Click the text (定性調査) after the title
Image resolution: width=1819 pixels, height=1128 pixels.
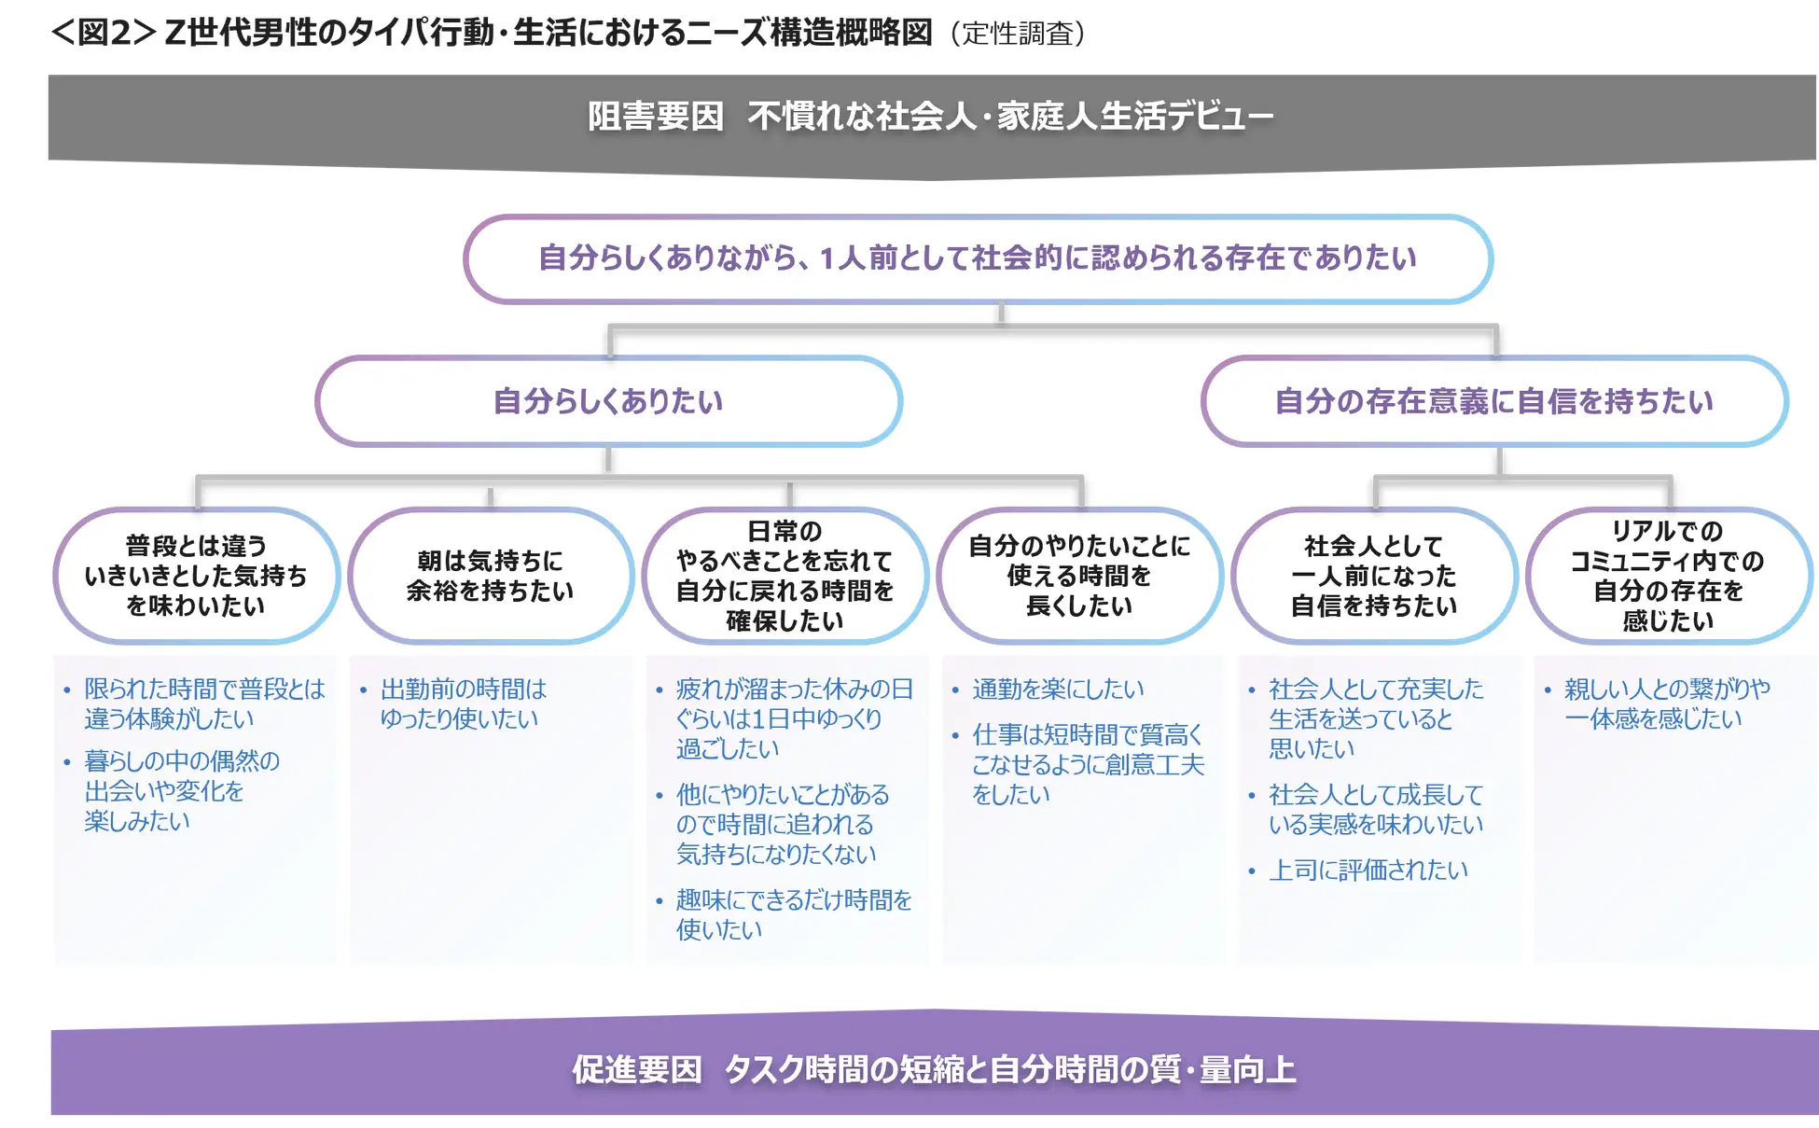click(x=1018, y=34)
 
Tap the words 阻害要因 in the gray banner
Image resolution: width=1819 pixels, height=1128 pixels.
click(x=656, y=118)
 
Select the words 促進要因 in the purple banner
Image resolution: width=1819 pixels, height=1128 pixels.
click(x=637, y=1069)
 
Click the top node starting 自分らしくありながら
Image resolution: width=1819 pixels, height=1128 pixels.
click(x=977, y=258)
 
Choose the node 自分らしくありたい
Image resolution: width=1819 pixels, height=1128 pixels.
click(x=608, y=401)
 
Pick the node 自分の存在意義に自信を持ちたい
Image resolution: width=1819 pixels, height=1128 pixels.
click(x=1493, y=401)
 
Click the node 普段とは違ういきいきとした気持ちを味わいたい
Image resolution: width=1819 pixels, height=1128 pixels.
click(x=196, y=576)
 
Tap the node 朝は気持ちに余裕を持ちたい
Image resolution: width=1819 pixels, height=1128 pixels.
click(x=490, y=576)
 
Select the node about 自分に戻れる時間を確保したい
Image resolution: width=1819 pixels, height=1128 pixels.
click(x=785, y=576)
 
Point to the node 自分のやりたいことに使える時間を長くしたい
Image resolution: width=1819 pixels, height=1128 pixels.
click(x=1079, y=576)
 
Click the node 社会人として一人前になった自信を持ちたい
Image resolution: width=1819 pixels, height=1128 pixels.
click(x=1374, y=576)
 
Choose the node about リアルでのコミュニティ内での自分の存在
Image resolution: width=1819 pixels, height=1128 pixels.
click(x=1668, y=576)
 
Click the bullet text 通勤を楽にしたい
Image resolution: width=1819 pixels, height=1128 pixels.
click(x=1058, y=689)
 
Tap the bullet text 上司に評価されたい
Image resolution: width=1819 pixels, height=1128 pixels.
click(x=1368, y=870)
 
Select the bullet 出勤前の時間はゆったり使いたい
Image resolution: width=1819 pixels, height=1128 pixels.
click(x=463, y=703)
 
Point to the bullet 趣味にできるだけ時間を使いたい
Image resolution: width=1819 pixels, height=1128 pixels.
click(x=793, y=914)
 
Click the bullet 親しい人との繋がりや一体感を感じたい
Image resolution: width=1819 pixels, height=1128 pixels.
click(x=1666, y=703)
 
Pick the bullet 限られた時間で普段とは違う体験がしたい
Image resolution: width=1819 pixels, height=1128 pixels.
click(x=203, y=703)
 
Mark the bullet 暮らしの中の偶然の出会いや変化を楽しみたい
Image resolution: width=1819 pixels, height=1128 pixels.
click(x=181, y=790)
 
